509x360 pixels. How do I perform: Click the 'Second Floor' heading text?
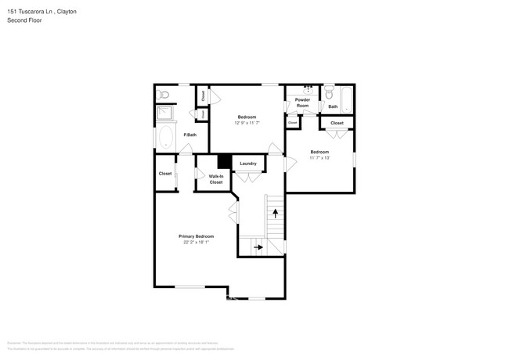(24, 20)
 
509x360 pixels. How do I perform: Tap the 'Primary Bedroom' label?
(196, 236)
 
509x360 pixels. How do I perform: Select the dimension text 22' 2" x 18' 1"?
(196, 242)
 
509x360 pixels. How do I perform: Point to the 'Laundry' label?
(248, 164)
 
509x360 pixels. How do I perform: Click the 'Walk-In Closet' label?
(216, 179)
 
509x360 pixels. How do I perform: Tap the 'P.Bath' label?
(190, 135)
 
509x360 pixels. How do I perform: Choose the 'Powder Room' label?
(302, 103)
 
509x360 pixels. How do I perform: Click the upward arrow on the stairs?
(275, 213)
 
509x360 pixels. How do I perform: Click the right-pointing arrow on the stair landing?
(258, 247)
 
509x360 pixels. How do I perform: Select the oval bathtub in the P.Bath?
(166, 139)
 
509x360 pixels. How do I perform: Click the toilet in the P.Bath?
(164, 94)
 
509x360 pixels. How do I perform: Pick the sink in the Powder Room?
(308, 90)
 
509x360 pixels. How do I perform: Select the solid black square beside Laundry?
(223, 161)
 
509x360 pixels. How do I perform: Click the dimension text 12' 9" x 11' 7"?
(247, 123)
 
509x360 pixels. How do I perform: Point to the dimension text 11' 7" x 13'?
(319, 158)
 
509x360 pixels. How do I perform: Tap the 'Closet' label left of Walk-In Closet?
(165, 174)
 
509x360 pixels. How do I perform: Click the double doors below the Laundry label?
(248, 177)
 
